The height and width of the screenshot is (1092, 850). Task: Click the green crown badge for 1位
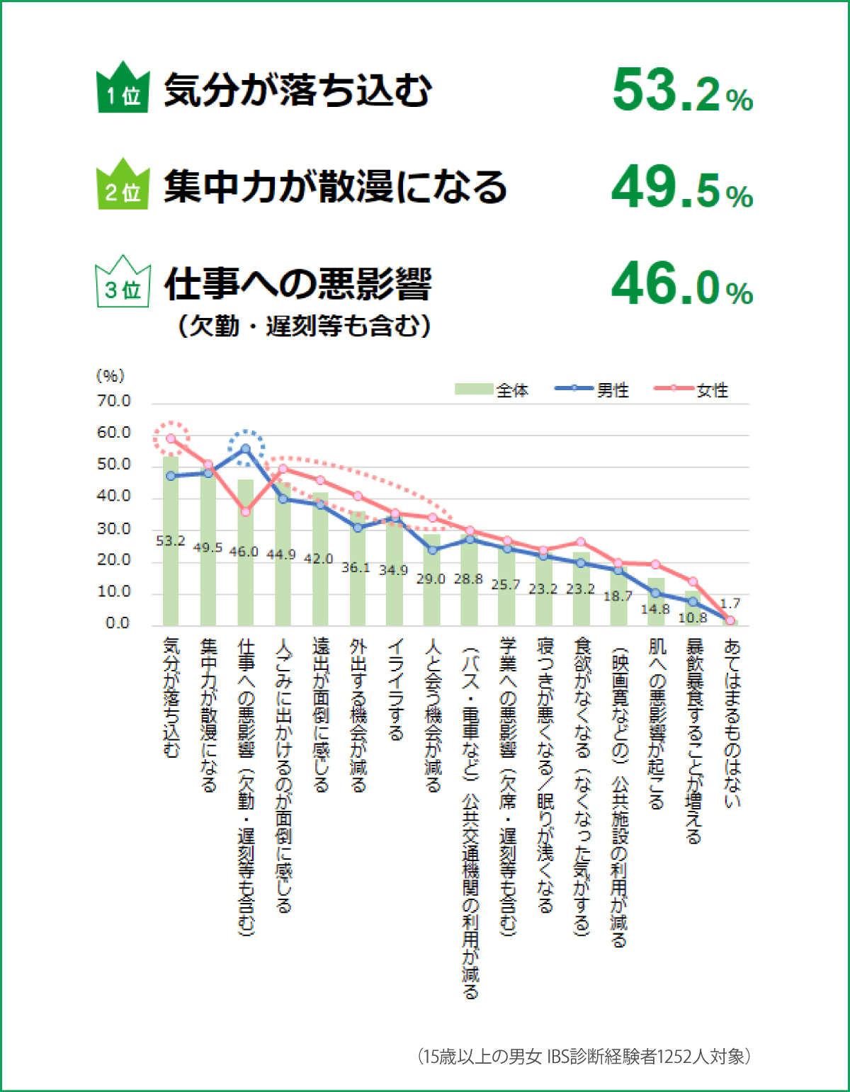pyautogui.click(x=123, y=89)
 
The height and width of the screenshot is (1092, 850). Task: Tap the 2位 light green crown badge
pyautogui.click(x=123, y=186)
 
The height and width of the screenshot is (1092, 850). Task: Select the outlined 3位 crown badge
pyautogui.click(x=123, y=283)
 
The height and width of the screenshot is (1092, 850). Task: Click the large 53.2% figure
pyautogui.click(x=682, y=91)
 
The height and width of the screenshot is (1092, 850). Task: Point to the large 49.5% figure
pyautogui.click(x=682, y=188)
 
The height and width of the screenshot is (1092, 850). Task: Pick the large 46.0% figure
pyautogui.click(x=682, y=284)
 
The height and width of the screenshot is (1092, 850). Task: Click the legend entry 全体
pyautogui.click(x=492, y=389)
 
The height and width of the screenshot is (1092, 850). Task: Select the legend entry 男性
pyautogui.click(x=592, y=389)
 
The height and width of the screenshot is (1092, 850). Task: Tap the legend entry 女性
pyautogui.click(x=691, y=389)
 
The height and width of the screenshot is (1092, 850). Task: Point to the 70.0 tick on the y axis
pyautogui.click(x=114, y=402)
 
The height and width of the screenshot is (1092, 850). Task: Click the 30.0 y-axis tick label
pyautogui.click(x=114, y=529)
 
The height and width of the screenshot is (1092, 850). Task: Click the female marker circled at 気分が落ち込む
pyautogui.click(x=171, y=438)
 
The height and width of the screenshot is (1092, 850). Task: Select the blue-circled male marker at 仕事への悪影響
pyautogui.click(x=246, y=449)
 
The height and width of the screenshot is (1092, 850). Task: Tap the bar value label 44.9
pyautogui.click(x=281, y=554)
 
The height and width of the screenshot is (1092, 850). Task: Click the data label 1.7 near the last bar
pyautogui.click(x=730, y=603)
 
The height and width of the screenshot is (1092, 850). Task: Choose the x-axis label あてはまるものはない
pyautogui.click(x=732, y=723)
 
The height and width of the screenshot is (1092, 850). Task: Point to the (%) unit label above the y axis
pyautogui.click(x=110, y=376)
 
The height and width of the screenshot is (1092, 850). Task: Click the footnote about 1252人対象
pyautogui.click(x=584, y=1057)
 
